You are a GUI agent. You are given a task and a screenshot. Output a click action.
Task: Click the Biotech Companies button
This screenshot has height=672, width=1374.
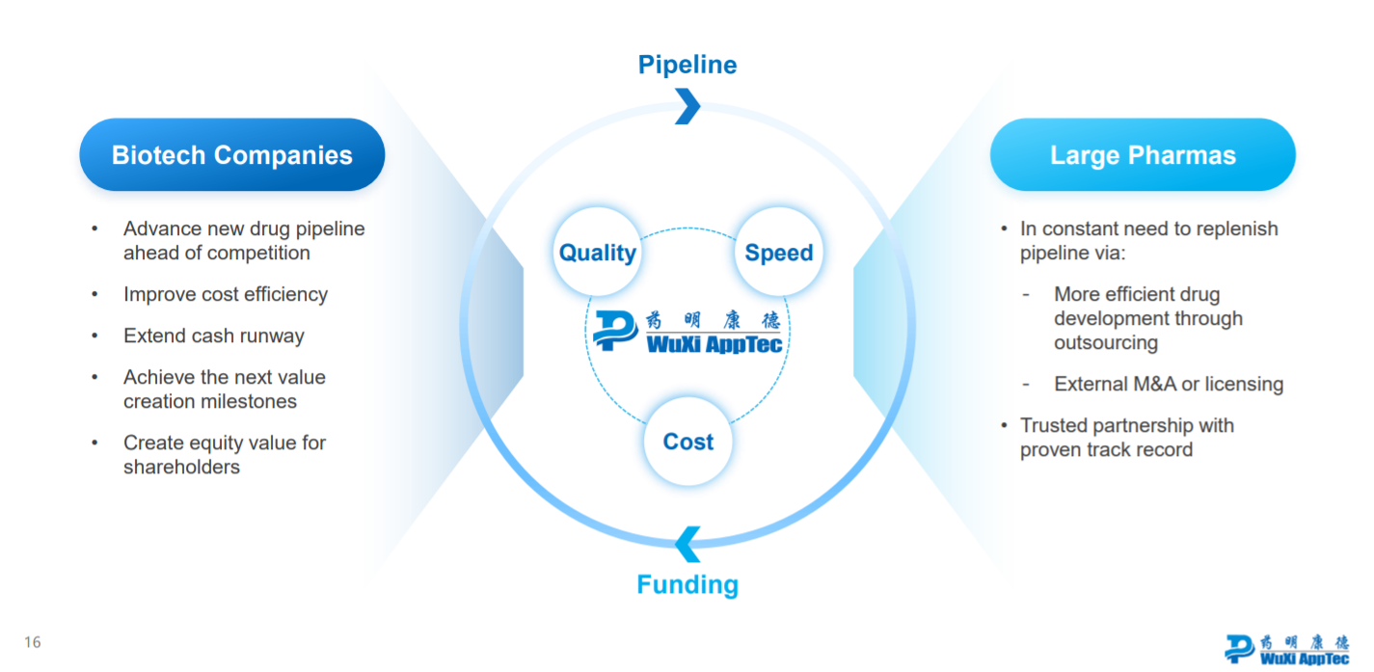[231, 154]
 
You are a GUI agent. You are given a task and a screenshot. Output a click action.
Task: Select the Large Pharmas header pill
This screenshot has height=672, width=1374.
[1143, 154]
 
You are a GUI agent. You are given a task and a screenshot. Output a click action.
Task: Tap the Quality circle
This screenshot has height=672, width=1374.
[598, 252]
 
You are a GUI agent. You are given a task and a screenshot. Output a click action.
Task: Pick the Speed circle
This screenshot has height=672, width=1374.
[778, 252]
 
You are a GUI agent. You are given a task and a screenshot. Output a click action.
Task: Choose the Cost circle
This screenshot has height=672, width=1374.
[687, 442]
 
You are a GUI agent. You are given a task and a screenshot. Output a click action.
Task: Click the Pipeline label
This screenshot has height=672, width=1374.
[687, 65]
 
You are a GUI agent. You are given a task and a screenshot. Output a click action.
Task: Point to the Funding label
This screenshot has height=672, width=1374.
[687, 584]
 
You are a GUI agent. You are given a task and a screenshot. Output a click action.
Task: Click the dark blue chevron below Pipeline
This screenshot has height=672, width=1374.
[687, 106]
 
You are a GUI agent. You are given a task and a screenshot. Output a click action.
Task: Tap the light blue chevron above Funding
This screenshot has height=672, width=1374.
[687, 544]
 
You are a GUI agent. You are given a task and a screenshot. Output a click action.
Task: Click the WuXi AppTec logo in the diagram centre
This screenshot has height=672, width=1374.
[687, 331]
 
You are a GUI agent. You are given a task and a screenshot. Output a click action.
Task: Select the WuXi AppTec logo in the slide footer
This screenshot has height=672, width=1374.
[1287, 649]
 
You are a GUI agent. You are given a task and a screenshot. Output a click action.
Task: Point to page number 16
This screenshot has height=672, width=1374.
[33, 642]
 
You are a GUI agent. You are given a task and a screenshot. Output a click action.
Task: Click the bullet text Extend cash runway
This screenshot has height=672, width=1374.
[213, 336]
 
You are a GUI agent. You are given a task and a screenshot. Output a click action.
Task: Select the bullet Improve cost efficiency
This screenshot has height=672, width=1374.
[225, 294]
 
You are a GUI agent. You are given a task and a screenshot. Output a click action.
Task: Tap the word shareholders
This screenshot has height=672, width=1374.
[181, 467]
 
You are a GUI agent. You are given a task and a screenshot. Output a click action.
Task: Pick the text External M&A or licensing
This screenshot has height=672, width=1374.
[1169, 384]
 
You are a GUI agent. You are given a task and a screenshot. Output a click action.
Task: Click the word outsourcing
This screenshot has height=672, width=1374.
[1106, 342]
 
